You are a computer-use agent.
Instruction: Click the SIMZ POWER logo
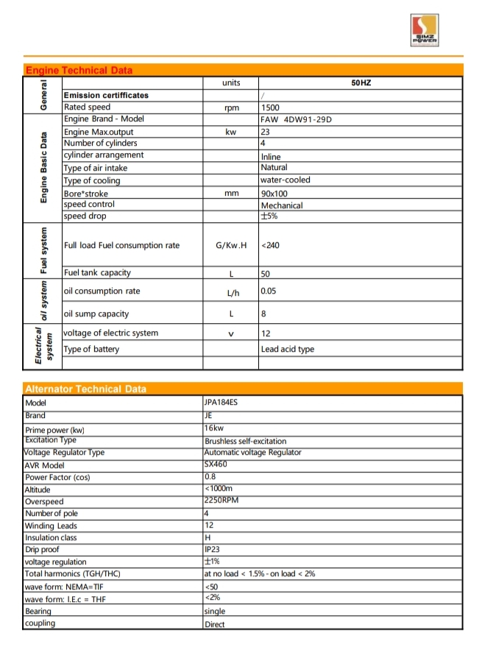[x=425, y=30]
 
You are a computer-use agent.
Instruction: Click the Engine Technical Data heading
[x=79, y=71]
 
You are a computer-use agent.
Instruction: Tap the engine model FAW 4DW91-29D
[x=297, y=119]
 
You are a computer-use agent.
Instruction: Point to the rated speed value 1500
[x=271, y=107]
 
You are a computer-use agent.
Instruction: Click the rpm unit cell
[x=230, y=107]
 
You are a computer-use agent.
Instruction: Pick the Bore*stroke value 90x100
[x=274, y=194]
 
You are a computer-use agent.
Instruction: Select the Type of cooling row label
[x=92, y=181]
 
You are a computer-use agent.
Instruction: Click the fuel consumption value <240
[x=270, y=245]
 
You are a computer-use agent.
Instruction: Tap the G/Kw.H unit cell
[x=230, y=245]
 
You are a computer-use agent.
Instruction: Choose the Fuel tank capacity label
[x=97, y=273]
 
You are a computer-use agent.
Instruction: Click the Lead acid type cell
[x=287, y=350]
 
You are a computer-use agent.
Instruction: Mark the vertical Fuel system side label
[x=44, y=250]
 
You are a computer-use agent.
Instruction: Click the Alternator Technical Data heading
[x=85, y=389]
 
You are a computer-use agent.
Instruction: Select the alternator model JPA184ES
[x=221, y=403]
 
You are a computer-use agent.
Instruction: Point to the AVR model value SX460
[x=216, y=464]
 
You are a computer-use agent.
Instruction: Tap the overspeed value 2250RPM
[x=221, y=501]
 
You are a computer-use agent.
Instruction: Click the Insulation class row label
[x=52, y=538]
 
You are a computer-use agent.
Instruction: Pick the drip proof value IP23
[x=213, y=550]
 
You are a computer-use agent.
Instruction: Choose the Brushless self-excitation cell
[x=245, y=442]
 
